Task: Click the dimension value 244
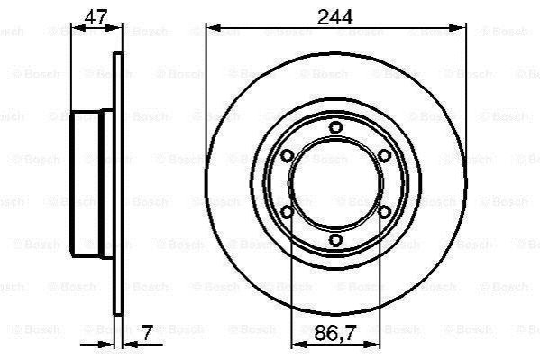point(334,17)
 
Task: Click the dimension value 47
point(96,16)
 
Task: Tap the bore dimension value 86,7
point(334,333)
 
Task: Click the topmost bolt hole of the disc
point(335,128)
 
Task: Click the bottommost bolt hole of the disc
point(335,240)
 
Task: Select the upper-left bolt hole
point(287,156)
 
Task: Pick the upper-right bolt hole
point(384,156)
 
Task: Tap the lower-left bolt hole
point(287,212)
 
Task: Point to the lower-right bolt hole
point(384,212)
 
